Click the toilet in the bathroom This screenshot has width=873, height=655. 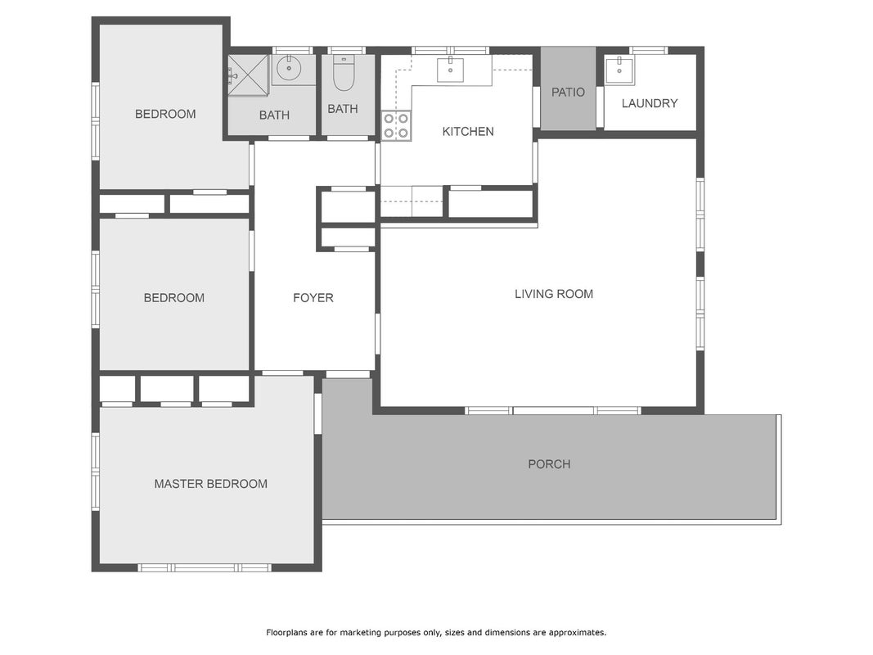coord(344,74)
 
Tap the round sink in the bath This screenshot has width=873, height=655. coord(288,69)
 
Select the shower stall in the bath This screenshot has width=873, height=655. coord(248,75)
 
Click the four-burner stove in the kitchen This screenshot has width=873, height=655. coord(396,125)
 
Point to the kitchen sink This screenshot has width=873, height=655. coord(450,69)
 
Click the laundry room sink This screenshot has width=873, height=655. coord(619,70)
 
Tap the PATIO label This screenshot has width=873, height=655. coord(568,92)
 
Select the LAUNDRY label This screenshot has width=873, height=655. coord(649,103)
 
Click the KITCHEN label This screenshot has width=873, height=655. coord(468,132)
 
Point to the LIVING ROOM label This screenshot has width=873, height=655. coord(553,294)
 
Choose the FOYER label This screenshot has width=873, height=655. coord(313,297)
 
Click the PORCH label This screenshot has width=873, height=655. coord(549,464)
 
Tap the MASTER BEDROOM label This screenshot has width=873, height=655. coord(210,483)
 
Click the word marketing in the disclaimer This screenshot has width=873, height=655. coord(363,633)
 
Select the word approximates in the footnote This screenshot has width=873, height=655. coord(577,633)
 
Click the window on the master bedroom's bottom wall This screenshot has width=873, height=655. coord(205,567)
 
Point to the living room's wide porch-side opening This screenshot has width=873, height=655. coord(553,410)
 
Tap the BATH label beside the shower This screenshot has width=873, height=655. coord(274,115)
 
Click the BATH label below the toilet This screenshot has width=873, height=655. coord(342,109)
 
